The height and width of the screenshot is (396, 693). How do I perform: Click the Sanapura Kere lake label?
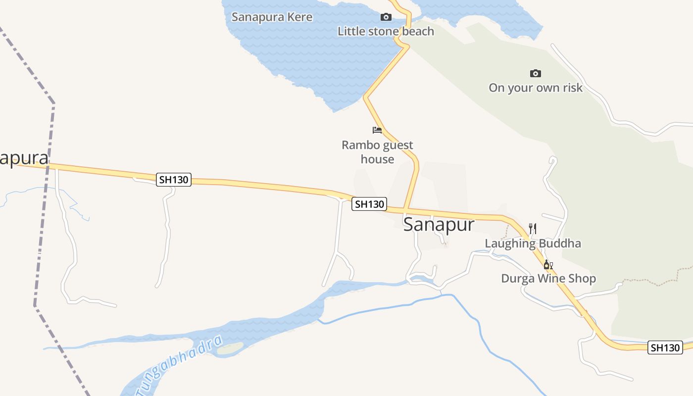tap(272, 17)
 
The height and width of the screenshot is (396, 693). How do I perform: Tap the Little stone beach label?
tap(386, 31)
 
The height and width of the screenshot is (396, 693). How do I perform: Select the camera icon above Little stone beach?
tap(386, 17)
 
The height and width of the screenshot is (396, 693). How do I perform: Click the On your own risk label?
tap(535, 88)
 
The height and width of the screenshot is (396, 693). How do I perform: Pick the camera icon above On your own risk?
tap(535, 74)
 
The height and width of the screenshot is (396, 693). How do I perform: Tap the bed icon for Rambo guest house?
tap(377, 130)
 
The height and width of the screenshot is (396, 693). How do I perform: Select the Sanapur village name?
tap(439, 224)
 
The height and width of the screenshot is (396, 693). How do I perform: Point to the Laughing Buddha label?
tap(533, 244)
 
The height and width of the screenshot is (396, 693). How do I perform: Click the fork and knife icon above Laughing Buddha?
tap(533, 228)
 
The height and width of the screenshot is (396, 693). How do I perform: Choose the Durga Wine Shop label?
tap(548, 278)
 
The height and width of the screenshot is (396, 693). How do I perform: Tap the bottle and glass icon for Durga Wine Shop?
tap(548, 265)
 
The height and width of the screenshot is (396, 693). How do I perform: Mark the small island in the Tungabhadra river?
tap(230, 348)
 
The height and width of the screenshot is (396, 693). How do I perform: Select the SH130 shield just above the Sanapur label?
tap(369, 204)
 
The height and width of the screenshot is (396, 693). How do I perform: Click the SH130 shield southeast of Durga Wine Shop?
tap(665, 347)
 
